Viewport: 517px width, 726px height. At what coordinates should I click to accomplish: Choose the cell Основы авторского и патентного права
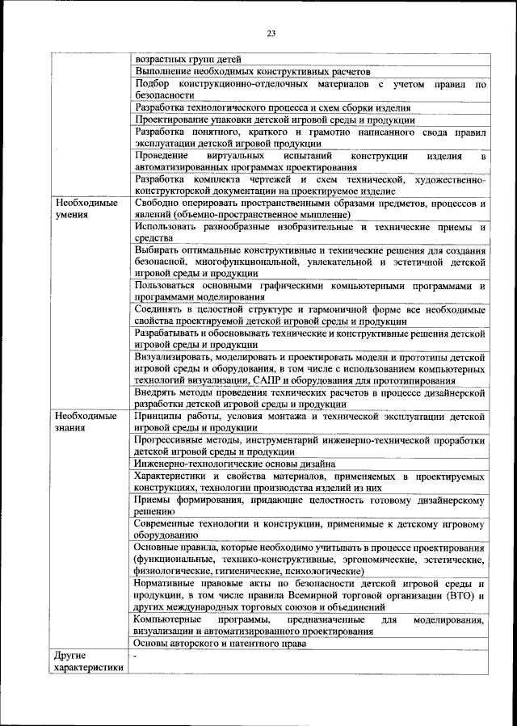coord(220,644)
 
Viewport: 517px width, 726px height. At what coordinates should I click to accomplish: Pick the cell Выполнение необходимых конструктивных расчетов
coord(250,71)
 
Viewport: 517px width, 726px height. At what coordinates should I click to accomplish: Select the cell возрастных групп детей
coord(187,59)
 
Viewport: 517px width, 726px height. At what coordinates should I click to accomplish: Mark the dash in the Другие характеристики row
coord(137,657)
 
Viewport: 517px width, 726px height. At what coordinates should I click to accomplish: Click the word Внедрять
coord(158,392)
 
